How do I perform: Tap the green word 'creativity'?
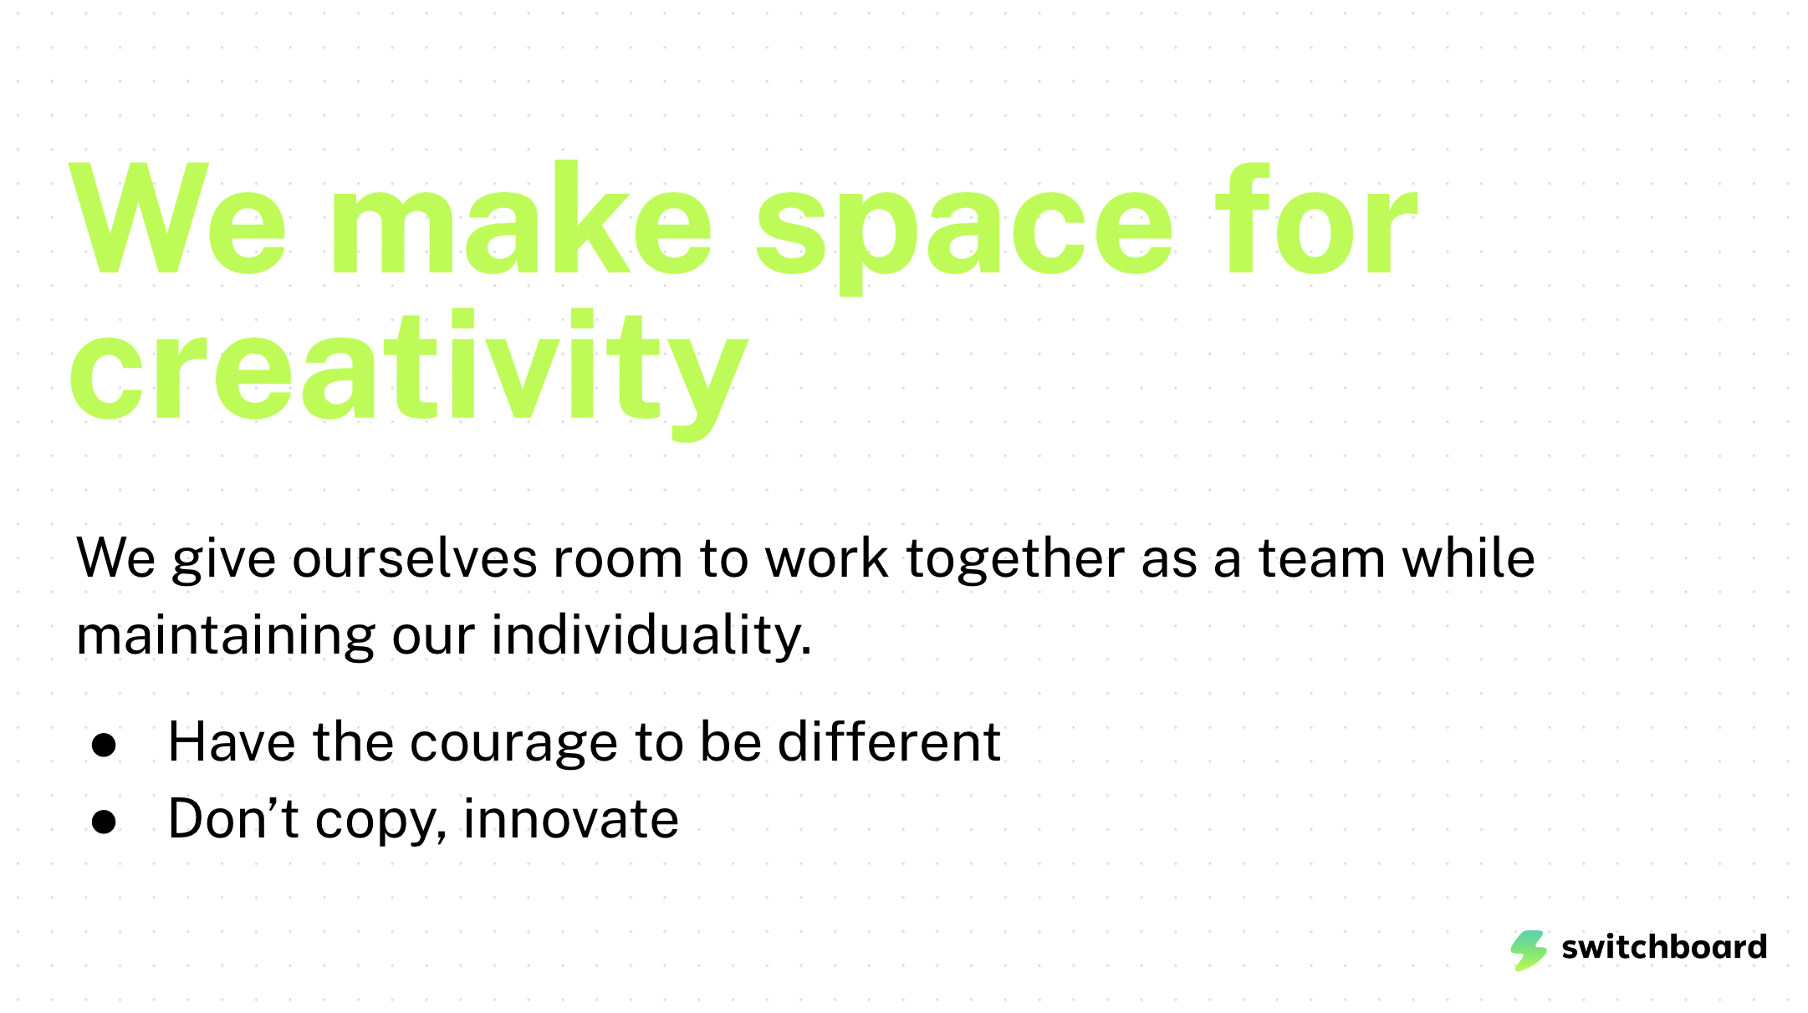pos(408,374)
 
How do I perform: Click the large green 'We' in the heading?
pos(178,218)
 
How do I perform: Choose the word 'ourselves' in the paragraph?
pos(415,558)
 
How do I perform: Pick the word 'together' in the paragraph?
pos(1015,558)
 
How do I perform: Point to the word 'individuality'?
pos(651,635)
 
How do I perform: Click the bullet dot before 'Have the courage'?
pos(105,745)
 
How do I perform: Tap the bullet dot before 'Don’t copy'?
pos(105,822)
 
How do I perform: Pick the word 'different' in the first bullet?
pos(889,741)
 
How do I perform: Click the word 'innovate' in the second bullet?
pos(571,818)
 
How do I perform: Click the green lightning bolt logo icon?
pos(1529,950)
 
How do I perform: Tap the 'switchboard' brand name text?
pos(1664,947)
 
